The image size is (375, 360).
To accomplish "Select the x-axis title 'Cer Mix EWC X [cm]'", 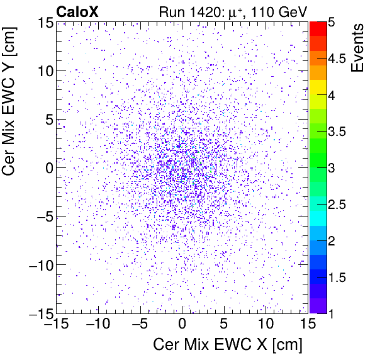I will click(x=228, y=346).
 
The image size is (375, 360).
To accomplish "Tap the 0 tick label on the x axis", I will click(x=182, y=325).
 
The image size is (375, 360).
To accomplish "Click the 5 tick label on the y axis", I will click(x=47, y=119).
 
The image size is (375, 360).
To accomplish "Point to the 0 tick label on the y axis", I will click(x=47, y=167).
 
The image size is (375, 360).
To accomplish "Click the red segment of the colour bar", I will click(x=318, y=28).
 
